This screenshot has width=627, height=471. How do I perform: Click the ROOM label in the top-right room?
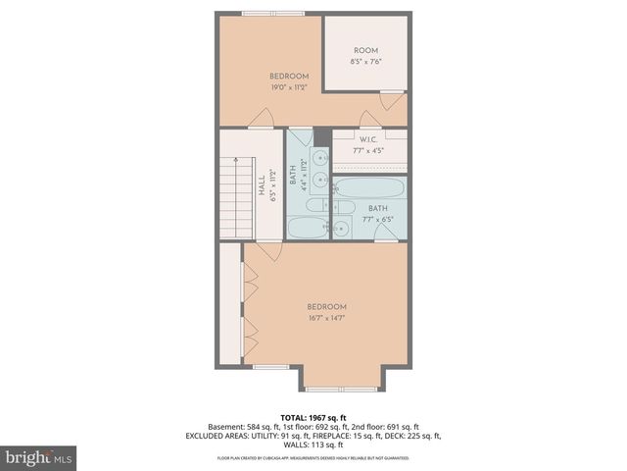365,50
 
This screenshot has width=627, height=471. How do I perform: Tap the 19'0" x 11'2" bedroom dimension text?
290,87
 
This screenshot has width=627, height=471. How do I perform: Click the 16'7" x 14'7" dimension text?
326,317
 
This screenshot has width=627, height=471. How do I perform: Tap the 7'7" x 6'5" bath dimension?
378,219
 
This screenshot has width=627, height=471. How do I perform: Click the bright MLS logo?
38,457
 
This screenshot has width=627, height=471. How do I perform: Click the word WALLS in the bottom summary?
296,445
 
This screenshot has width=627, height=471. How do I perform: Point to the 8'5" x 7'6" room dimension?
365,62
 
